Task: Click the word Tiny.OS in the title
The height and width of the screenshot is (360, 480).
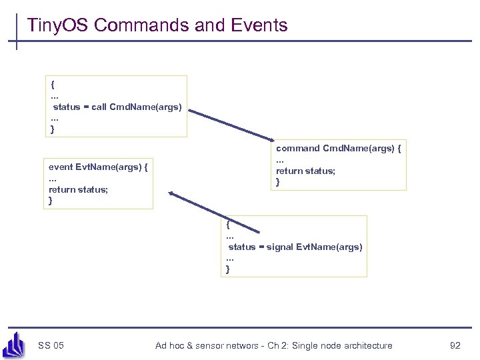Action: (x=58, y=25)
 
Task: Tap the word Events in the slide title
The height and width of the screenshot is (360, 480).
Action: (x=257, y=25)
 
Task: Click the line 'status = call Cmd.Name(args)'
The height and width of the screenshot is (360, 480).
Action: (x=117, y=107)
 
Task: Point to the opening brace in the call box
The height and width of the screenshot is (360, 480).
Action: (x=53, y=84)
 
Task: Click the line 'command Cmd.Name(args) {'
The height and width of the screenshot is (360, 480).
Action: (x=338, y=148)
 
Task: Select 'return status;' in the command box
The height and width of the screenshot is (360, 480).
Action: (x=306, y=171)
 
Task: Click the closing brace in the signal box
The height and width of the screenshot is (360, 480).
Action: (x=228, y=269)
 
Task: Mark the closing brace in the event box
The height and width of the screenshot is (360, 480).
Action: (x=51, y=201)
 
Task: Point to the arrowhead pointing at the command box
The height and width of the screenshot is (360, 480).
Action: (x=284, y=141)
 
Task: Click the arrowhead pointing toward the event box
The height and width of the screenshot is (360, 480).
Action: (x=172, y=194)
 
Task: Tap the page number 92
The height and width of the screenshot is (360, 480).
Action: (x=455, y=345)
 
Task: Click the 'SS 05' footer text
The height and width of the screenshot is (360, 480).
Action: (x=51, y=345)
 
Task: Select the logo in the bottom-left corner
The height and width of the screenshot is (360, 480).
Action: (x=15, y=344)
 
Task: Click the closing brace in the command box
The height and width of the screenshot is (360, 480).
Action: (x=278, y=182)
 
